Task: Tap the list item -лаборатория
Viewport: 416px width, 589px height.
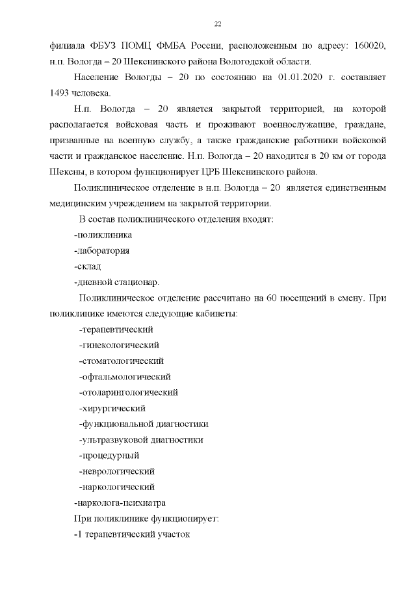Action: point(101,251)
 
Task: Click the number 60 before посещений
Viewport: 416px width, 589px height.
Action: point(272,298)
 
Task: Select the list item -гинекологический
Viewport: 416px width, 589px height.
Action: point(119,345)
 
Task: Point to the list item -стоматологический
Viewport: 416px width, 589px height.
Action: point(121,361)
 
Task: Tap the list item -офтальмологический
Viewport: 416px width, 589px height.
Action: point(124,377)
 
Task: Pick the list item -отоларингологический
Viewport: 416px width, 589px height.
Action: point(128,392)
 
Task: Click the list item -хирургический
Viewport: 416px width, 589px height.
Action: point(112,408)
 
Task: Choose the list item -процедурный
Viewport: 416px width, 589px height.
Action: point(109,456)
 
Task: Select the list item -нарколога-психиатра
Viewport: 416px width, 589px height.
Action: point(120,503)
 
